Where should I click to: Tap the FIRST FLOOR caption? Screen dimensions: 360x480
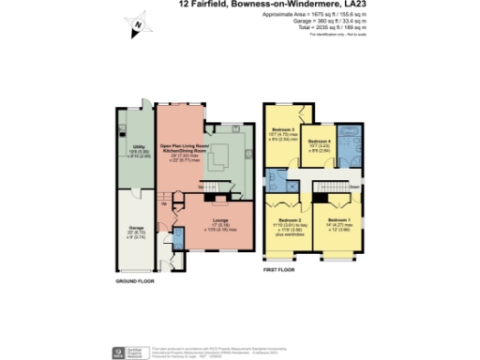tap(281, 270)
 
